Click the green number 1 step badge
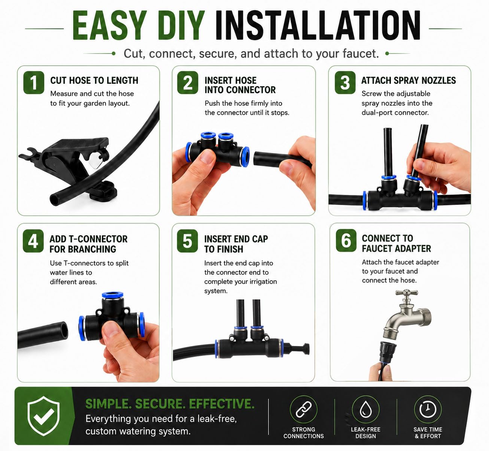(x=34, y=82)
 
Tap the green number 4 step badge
(x=33, y=241)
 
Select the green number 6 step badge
(x=346, y=240)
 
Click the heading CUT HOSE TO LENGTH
(x=94, y=80)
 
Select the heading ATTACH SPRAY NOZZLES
(x=408, y=80)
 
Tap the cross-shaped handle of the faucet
(x=407, y=293)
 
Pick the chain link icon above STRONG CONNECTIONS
(x=304, y=409)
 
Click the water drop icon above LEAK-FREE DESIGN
(x=366, y=409)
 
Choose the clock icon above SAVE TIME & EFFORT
(x=428, y=409)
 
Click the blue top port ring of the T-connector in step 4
(x=113, y=295)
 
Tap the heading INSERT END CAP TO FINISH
(x=236, y=244)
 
